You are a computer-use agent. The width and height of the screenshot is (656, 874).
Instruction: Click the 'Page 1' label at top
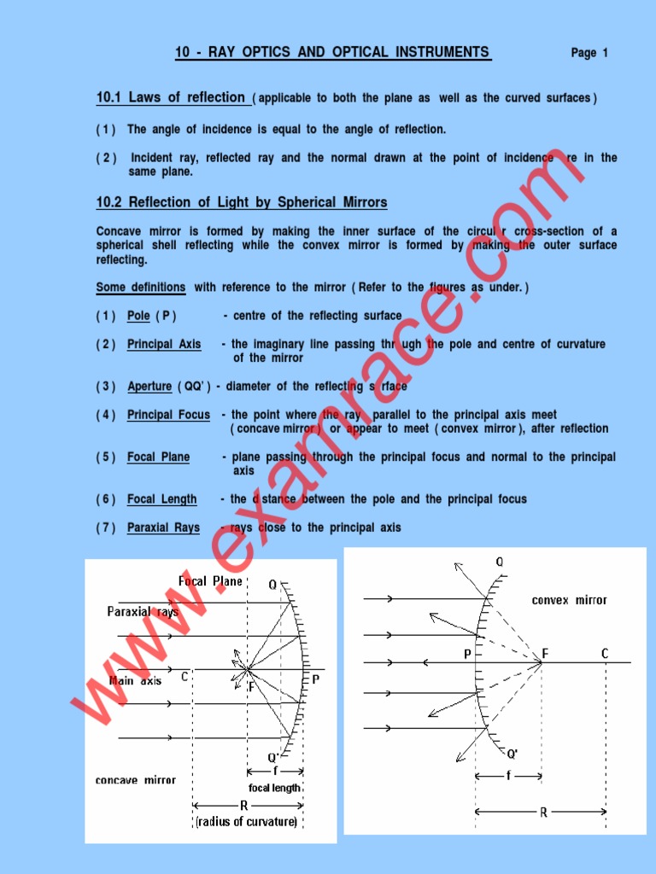point(589,53)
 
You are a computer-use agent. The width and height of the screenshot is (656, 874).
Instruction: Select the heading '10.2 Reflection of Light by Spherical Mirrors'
point(242,203)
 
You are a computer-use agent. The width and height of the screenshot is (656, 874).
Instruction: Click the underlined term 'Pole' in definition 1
point(138,316)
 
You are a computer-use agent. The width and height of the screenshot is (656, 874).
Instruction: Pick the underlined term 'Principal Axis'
point(164,345)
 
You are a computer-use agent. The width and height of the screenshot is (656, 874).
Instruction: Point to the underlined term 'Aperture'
point(149,387)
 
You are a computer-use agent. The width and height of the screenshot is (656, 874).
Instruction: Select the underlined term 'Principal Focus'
point(168,415)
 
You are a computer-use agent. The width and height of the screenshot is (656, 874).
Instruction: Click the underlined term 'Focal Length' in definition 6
point(161,499)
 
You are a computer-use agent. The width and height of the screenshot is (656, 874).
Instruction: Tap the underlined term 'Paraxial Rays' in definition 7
point(163,527)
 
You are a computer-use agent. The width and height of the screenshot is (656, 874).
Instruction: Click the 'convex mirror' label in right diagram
point(569,600)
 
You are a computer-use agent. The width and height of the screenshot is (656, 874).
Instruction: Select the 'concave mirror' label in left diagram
point(136,780)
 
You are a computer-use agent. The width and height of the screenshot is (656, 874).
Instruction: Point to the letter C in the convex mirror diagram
point(605,654)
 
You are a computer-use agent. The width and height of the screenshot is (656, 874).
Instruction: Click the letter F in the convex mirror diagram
point(545,655)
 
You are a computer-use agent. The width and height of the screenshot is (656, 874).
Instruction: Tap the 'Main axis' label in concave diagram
point(135,681)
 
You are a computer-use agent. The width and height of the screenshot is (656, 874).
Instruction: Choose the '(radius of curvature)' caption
point(247,822)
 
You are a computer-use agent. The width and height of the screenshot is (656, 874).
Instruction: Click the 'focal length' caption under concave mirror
point(274,788)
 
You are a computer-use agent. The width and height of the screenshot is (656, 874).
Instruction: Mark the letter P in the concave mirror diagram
point(315,679)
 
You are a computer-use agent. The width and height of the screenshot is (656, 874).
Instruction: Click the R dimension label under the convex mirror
point(543,813)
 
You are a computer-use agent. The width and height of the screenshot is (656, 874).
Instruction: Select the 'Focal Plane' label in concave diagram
point(210,581)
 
